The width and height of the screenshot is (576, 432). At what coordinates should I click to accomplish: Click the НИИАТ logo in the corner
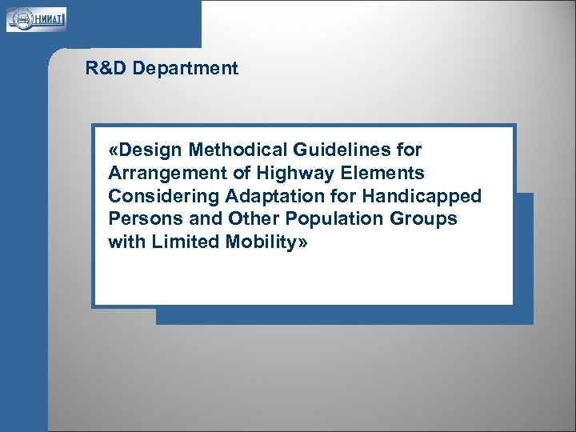(x=37, y=18)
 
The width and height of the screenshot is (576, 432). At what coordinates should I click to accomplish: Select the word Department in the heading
(x=186, y=69)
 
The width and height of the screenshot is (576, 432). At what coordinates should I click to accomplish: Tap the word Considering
(x=164, y=196)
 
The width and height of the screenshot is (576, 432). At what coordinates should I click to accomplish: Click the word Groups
(x=422, y=219)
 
